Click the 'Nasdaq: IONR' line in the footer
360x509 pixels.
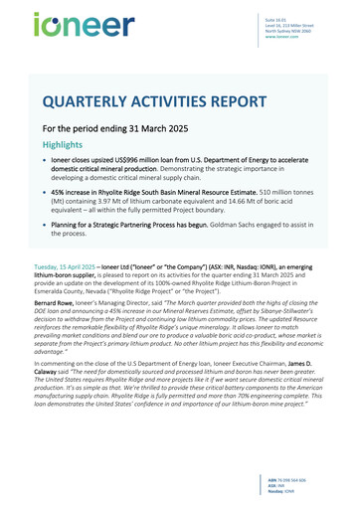click(306, 494)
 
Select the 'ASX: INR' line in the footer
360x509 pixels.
click(301, 488)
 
